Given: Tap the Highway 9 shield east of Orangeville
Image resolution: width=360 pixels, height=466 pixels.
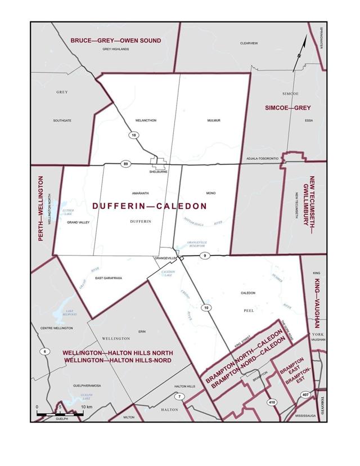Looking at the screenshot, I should (206, 256).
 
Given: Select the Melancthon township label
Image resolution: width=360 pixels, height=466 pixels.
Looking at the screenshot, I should (146, 120).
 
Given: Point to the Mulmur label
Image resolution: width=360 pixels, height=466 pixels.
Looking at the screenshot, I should (213, 120).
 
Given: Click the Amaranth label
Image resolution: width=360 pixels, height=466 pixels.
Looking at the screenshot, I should (140, 192).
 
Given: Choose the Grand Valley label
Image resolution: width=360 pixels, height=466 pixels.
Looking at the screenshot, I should (78, 222).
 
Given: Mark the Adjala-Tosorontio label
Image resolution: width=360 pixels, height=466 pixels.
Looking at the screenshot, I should (263, 159).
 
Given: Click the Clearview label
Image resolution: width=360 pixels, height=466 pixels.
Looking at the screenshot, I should (248, 43).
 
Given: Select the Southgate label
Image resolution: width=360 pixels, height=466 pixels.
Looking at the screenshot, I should (62, 120).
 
